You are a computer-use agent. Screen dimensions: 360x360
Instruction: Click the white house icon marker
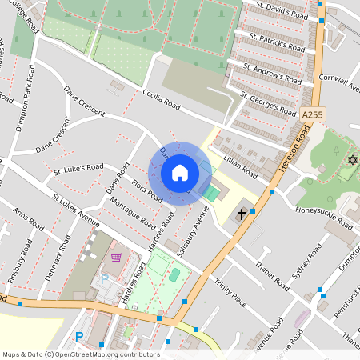point(180,173)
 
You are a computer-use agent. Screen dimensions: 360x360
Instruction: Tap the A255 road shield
point(312,116)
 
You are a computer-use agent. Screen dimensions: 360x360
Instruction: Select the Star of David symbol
point(350,161)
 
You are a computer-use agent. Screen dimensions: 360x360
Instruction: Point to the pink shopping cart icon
point(117,258)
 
